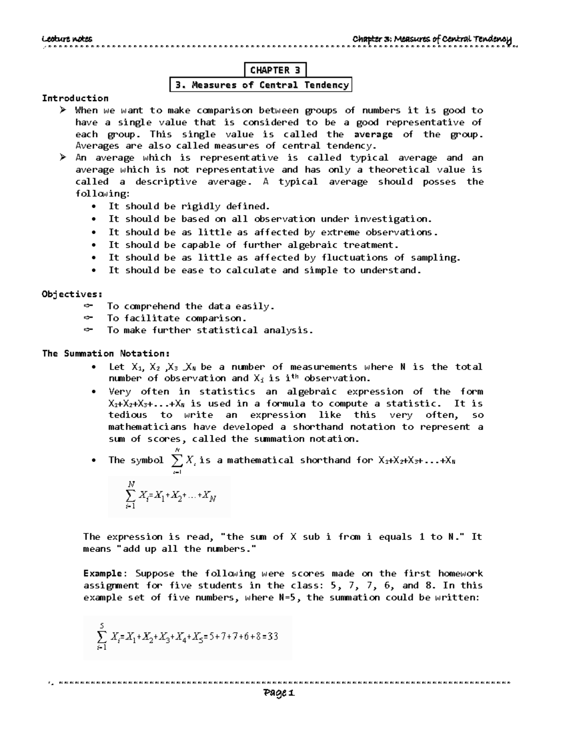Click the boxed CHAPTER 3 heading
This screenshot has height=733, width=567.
tap(275, 70)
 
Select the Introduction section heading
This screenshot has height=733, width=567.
tap(75, 98)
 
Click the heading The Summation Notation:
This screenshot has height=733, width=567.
tap(106, 354)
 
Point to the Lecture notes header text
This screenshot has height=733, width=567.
tap(67, 39)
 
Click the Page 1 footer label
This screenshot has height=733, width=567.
tap(280, 693)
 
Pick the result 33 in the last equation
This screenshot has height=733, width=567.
tap(272, 637)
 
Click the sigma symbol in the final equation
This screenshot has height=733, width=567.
tap(102, 637)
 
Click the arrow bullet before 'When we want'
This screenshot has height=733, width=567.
tap(63, 110)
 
